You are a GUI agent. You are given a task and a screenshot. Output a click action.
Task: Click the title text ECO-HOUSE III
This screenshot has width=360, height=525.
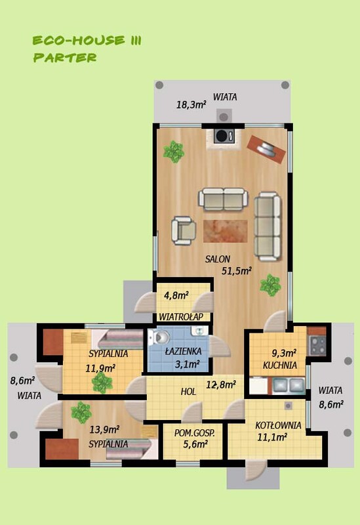pos(87,41)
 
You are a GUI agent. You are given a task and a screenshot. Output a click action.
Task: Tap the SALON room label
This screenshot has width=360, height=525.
pos(218,259)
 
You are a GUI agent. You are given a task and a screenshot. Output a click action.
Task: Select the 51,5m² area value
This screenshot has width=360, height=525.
pos(237,270)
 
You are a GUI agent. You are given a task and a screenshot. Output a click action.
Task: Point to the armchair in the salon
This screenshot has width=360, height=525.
pos(184,230)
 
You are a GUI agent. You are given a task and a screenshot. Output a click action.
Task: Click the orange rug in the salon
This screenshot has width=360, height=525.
pos(225,231)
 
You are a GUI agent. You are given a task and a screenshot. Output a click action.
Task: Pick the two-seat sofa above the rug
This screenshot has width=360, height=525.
pos(223,199)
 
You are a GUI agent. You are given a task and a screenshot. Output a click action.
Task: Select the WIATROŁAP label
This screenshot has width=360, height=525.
pos(181,317)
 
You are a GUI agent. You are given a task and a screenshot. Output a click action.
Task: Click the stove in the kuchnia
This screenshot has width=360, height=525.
pos(317,345)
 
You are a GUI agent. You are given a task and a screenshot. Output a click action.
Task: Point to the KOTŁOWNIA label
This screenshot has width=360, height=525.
pos(278,425)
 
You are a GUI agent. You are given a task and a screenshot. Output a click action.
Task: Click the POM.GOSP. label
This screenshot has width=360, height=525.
pos(194,433)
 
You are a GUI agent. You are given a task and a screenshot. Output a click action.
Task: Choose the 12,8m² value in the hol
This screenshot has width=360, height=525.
pos(221,385)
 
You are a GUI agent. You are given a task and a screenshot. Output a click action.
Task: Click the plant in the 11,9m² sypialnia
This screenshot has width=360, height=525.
pos(102,383)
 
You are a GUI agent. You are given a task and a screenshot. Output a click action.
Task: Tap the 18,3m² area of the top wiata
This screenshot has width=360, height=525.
pos(191,105)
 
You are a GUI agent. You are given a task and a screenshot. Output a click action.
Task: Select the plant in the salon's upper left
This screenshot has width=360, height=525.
pos(174,152)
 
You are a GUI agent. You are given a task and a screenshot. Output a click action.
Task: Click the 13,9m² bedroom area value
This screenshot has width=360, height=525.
pos(104,429)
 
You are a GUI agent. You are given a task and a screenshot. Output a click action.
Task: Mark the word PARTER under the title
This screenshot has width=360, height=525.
pos(65,58)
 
